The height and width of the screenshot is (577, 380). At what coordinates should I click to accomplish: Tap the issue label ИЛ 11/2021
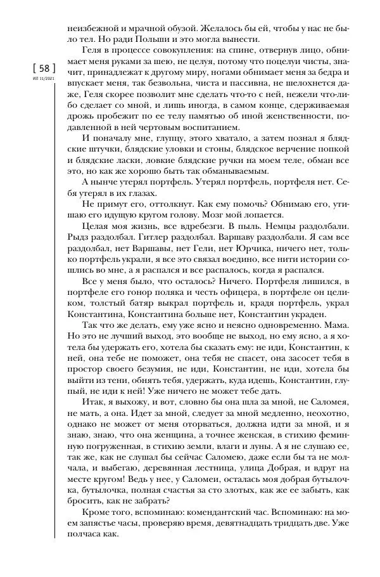pos(37,79)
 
